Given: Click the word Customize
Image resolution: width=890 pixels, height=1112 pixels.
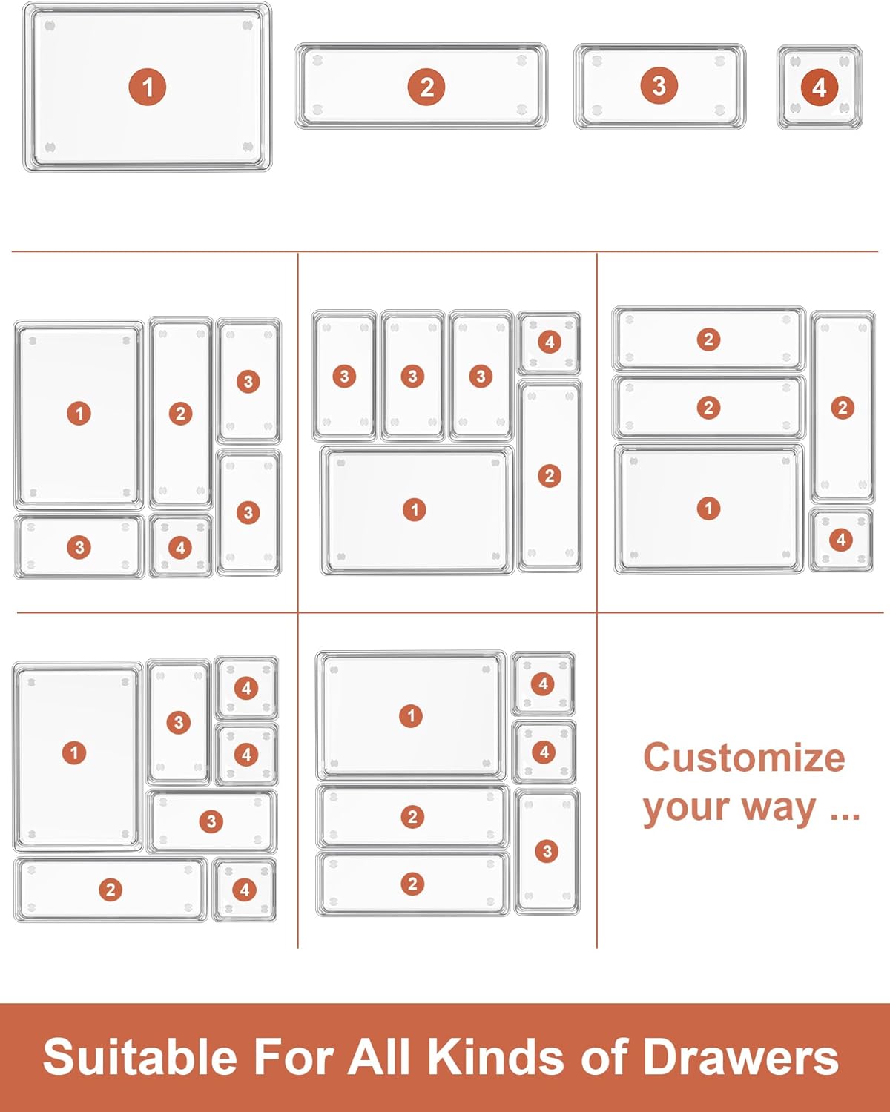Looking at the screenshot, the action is [744, 758].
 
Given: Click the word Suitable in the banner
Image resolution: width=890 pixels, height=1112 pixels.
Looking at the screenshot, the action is [140, 1056].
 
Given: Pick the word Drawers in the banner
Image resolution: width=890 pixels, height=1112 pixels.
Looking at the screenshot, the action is [740, 1056].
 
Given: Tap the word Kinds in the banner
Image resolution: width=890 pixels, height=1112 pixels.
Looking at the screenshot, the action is [496, 1056].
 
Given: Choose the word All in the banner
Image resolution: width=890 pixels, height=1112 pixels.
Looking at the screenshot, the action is [380, 1056].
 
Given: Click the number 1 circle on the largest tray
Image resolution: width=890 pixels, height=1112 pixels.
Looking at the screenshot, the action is [148, 87].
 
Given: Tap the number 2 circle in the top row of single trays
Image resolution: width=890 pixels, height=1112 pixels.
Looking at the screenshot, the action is [426, 87].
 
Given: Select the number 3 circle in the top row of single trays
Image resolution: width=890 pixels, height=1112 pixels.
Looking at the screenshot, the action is [659, 86].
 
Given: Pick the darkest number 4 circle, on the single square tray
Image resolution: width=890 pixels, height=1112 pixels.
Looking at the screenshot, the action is [820, 87].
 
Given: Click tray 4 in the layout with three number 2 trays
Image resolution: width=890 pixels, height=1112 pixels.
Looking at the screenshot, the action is [841, 540].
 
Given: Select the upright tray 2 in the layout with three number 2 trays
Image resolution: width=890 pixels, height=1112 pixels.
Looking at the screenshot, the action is [843, 407].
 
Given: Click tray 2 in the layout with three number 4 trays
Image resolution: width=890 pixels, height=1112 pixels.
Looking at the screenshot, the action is [111, 890].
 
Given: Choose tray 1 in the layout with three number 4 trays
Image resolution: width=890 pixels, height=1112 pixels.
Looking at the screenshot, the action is [77, 758].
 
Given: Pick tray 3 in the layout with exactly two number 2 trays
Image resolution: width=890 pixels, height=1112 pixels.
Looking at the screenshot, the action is [547, 851].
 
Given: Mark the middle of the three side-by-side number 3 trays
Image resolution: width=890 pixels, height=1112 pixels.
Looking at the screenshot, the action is [412, 376].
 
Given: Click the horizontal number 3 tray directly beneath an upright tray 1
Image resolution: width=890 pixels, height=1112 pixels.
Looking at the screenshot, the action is [79, 546].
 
